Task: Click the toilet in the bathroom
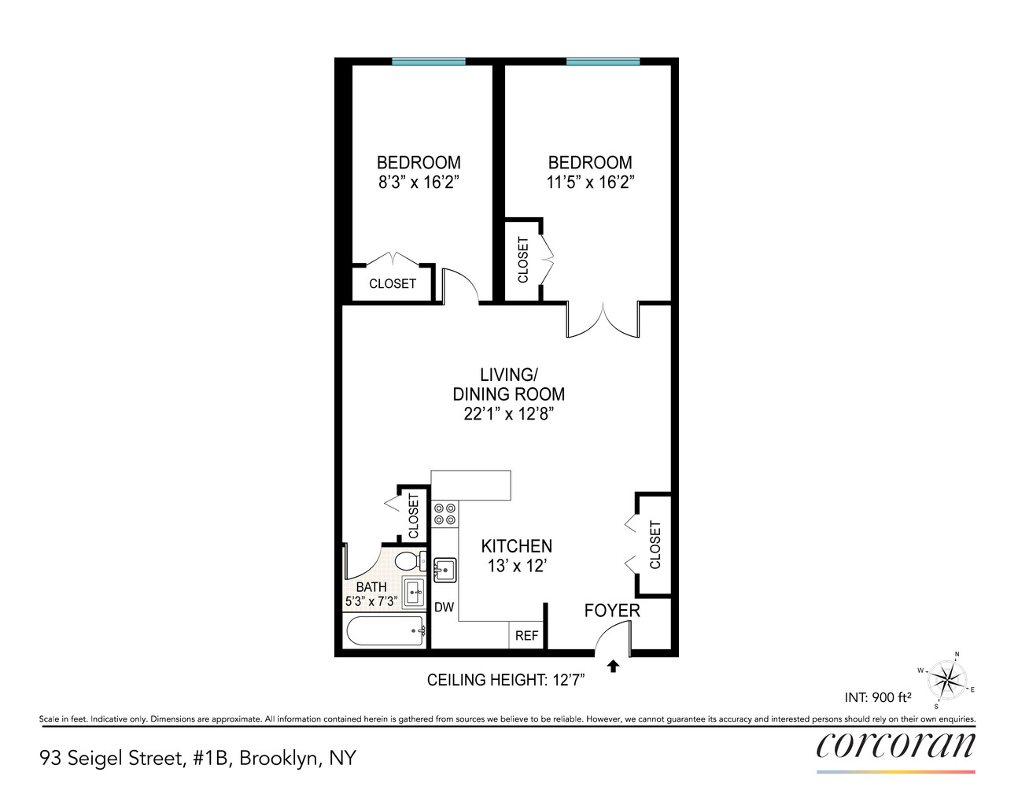click(x=411, y=560)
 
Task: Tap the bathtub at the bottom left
click(x=385, y=631)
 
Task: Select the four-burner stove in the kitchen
click(x=444, y=513)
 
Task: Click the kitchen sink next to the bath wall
click(x=444, y=570)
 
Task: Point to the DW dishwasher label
click(x=444, y=607)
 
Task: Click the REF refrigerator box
click(x=526, y=635)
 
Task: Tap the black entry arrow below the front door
click(x=613, y=666)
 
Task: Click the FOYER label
click(x=612, y=611)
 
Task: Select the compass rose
click(x=946, y=679)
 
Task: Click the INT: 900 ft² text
click(x=878, y=697)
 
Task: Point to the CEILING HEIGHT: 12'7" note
click(x=506, y=680)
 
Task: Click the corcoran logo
click(x=895, y=745)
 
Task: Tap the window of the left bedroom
click(x=429, y=61)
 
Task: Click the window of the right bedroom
click(x=603, y=61)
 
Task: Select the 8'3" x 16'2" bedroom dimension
click(x=419, y=183)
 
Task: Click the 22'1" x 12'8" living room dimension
click(x=509, y=414)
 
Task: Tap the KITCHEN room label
click(x=517, y=546)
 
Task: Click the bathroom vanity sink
click(x=414, y=593)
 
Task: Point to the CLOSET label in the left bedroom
click(x=393, y=284)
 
